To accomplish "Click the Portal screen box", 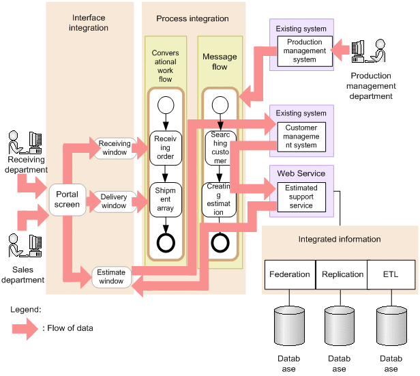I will click(67, 199).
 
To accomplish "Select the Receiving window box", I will click(114, 148).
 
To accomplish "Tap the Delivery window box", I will click(114, 201).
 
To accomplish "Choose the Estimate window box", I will click(111, 277).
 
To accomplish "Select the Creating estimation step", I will click(220, 199).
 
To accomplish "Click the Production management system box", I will click(305, 51).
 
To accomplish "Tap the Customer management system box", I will click(301, 136).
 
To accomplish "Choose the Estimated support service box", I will click(301, 197).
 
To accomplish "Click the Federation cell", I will click(290, 274).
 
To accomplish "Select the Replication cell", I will click(342, 274).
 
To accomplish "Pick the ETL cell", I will click(391, 274).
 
